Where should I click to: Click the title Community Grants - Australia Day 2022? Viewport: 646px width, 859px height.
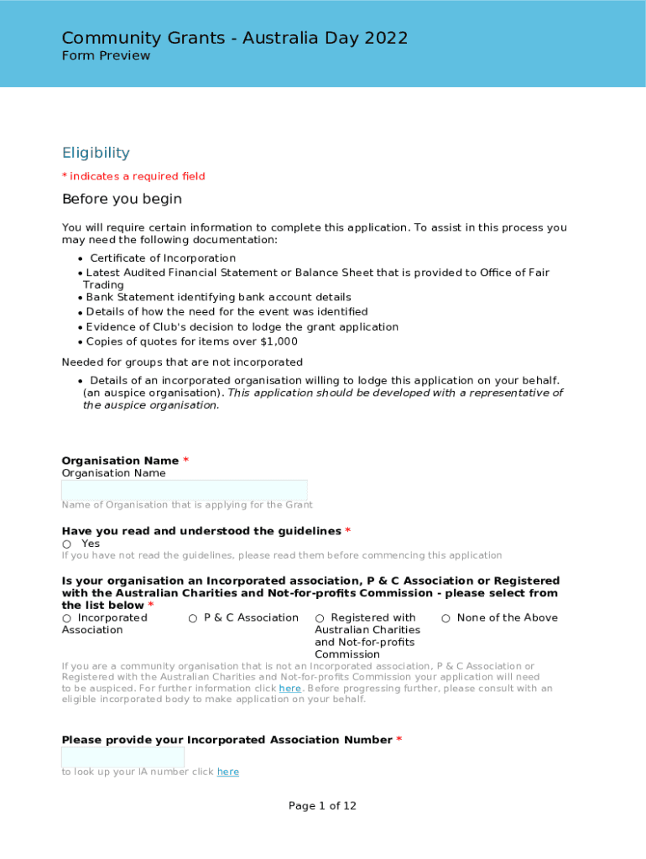(234, 38)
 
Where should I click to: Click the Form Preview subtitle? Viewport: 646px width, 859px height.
(106, 56)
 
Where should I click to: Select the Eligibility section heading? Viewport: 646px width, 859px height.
(96, 153)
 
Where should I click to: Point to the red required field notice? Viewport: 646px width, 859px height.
(133, 176)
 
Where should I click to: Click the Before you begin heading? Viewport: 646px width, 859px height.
(122, 200)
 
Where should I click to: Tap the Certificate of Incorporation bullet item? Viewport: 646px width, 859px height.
(163, 258)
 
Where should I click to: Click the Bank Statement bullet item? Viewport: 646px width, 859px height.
(218, 297)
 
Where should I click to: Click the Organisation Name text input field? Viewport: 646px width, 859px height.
(185, 490)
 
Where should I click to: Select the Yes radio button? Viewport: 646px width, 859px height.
(66, 544)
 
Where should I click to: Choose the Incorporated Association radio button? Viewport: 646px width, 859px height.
(66, 618)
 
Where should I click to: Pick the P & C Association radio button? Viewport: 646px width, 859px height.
(193, 618)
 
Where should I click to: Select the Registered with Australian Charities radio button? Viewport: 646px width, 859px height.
(320, 618)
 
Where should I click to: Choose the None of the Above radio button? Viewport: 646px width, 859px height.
(446, 618)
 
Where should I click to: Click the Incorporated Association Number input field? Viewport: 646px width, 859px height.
(122, 757)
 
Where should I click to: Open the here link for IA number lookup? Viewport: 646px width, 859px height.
(227, 772)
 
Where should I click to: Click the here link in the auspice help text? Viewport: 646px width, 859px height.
(289, 689)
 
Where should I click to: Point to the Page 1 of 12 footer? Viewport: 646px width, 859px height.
(322, 806)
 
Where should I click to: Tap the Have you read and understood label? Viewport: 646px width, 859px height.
(201, 531)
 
